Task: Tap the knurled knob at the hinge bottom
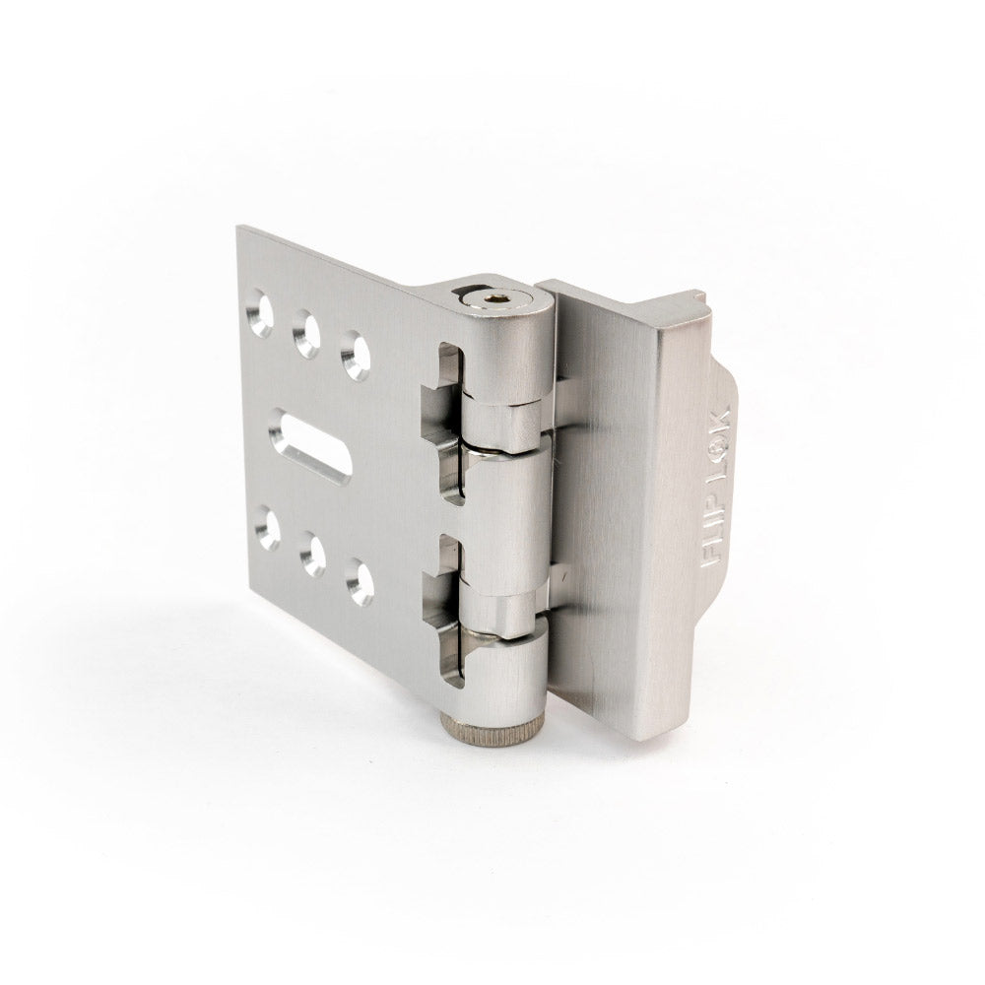pos(493,729)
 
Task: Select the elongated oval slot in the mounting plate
pos(309,446)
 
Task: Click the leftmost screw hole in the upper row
pos(259,313)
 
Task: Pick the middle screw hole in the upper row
pos(306,334)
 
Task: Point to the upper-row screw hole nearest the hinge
pos(356,356)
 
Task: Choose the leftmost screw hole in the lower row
pos(268,529)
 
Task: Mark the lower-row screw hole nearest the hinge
pos(360,582)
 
